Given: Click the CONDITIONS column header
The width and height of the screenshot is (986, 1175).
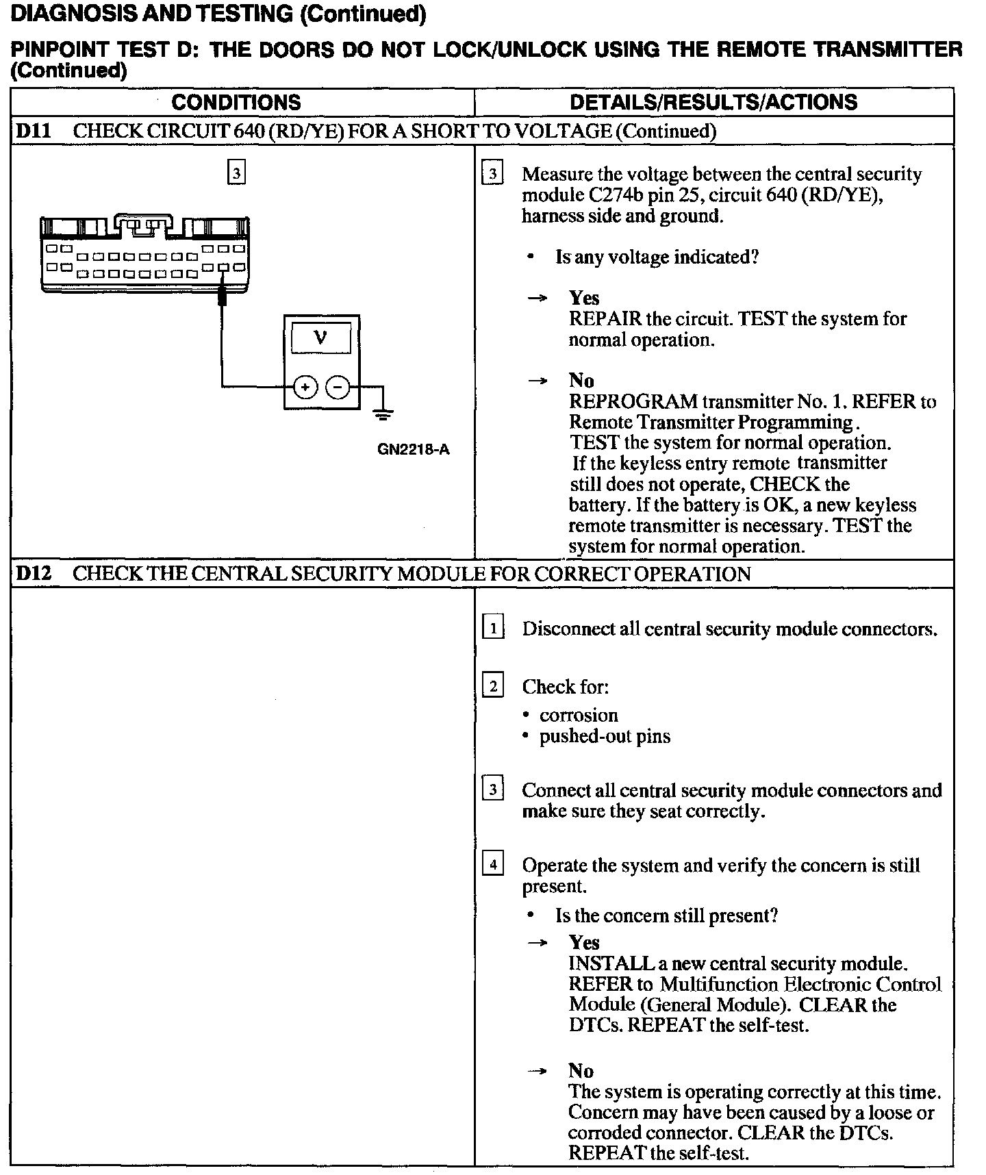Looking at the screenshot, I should (236, 102).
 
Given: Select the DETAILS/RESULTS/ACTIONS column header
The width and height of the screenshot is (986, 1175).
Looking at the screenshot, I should (713, 102).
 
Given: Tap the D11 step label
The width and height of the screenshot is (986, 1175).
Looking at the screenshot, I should (33, 131).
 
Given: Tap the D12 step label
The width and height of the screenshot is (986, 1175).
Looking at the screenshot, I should (33, 573).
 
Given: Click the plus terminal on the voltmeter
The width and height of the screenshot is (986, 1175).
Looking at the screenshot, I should (305, 388).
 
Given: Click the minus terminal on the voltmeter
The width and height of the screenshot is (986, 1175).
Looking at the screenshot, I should (338, 388).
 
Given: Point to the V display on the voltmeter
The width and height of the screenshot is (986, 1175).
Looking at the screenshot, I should (320, 338).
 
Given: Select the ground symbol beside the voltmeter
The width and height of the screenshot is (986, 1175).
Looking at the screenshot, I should (383, 412).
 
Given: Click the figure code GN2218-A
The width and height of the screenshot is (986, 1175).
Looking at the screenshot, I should (414, 450).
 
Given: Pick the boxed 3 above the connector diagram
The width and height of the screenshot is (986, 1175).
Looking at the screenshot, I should (236, 173).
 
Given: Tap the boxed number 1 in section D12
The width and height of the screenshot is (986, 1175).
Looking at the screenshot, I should (493, 627).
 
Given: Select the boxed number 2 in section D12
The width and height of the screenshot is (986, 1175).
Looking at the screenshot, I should (493, 685).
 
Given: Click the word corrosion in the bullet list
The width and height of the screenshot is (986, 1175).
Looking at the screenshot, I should (579, 716).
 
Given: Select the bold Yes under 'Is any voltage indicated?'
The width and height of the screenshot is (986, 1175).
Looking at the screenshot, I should (584, 298).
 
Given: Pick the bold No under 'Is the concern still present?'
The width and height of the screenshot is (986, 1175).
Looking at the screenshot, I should (581, 1071).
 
